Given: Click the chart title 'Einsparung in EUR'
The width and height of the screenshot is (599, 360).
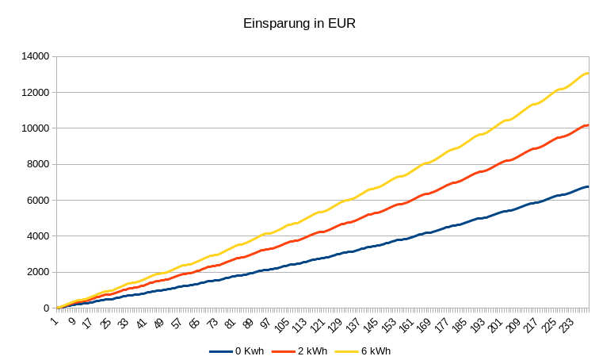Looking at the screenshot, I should click(299, 24).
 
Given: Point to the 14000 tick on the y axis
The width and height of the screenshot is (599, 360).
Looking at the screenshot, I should click(36, 56).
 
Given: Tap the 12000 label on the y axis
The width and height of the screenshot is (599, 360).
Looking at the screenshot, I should click(36, 92).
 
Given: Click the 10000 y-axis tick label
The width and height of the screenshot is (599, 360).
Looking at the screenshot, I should click(36, 128).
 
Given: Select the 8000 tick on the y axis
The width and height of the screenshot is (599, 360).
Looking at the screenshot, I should click(39, 164).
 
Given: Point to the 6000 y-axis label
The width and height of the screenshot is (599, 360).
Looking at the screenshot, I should click(39, 200).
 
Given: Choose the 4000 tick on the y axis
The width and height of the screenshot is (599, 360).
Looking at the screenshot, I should click(39, 236).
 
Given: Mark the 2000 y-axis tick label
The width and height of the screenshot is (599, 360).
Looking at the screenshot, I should click(39, 272).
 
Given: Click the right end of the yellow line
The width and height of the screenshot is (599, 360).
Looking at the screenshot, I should click(588, 74).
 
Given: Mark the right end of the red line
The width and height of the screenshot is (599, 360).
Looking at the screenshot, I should click(588, 125).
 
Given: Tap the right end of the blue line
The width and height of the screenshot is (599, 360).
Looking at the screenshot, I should click(588, 187).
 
